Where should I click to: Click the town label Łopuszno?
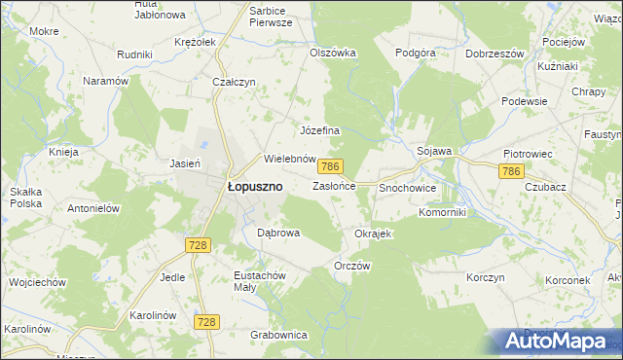pos(255,186)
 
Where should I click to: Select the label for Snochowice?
pos(407,187)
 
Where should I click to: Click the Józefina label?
pos(318,130)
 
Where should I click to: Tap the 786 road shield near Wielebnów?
pos(332,168)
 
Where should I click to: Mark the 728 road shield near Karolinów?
pos(205,321)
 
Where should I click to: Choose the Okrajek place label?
pos(373,234)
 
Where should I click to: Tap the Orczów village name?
pos(352,266)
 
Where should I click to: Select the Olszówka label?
pos(333,53)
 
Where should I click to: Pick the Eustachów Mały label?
pos(260,282)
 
